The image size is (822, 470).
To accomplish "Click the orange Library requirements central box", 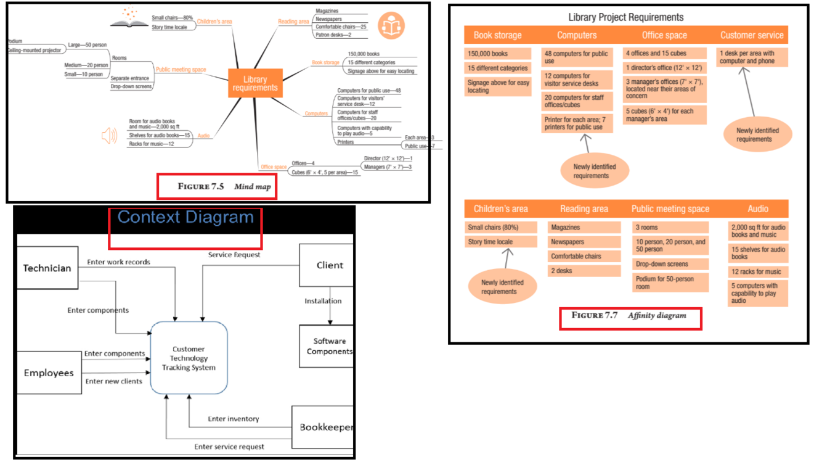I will tap(255, 83).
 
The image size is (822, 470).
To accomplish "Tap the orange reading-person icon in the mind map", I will tap(391, 26).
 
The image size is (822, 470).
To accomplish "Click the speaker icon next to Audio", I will tap(109, 136).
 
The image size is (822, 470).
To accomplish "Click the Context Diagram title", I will tap(185, 218).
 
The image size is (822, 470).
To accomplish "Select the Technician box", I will tap(47, 268).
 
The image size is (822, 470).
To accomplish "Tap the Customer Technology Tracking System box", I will tap(189, 358).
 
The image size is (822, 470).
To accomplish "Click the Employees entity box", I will tap(49, 373).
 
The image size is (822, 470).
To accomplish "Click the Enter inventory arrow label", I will tap(234, 419).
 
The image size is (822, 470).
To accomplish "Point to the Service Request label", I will tap(234, 255).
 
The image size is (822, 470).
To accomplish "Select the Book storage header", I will tap(497, 36).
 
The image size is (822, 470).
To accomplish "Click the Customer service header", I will tap(752, 36).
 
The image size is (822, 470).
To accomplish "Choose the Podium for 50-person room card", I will tap(670, 282).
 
